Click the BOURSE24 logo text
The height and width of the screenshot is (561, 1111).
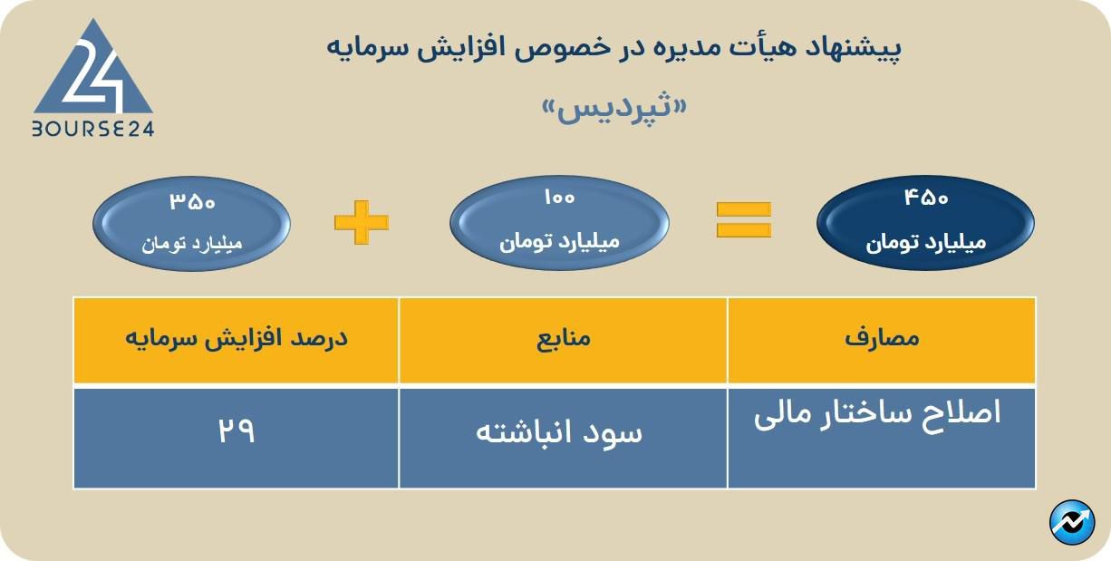(92, 130)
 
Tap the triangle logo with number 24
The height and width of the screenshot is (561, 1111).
(92, 73)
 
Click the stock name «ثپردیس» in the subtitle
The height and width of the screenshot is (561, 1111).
(613, 110)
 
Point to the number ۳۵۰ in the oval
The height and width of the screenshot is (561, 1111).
(192, 201)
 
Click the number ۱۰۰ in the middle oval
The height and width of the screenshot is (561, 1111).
(559, 198)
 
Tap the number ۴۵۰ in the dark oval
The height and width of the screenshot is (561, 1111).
(925, 198)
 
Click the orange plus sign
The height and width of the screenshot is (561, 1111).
(361, 222)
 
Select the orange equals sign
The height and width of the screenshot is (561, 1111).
(744, 219)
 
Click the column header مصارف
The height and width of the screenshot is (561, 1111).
(881, 338)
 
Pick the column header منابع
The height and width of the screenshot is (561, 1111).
(562, 338)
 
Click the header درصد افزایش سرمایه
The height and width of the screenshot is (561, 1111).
(237, 338)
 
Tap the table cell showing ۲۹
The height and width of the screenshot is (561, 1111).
(237, 431)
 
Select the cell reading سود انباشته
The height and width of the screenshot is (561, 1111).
(560, 432)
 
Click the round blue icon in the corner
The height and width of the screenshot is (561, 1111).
(1072, 523)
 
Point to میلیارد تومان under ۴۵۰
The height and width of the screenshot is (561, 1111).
(925, 243)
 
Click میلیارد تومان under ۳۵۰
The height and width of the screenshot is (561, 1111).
(192, 244)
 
